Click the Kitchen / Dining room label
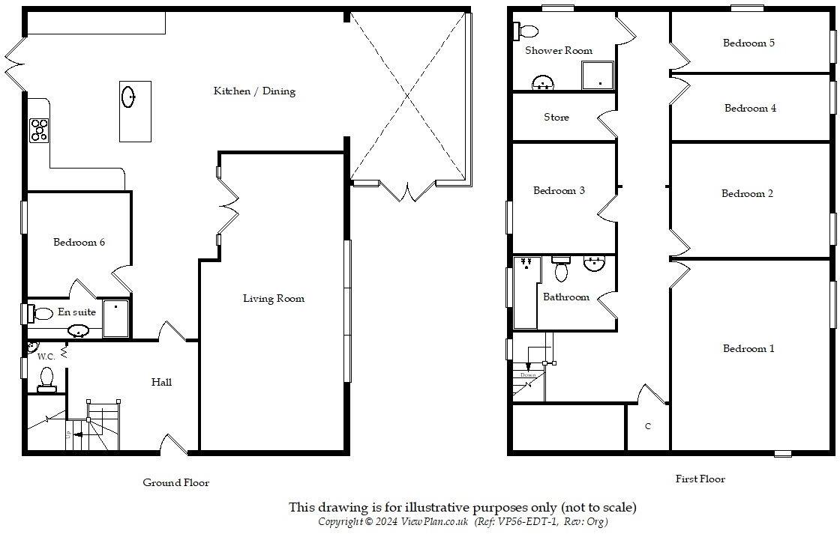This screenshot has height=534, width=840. click(254, 91)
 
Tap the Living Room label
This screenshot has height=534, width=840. click(273, 299)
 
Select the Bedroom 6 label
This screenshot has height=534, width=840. click(79, 243)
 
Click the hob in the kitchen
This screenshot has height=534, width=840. click(39, 131)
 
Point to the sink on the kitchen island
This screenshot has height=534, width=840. click(129, 97)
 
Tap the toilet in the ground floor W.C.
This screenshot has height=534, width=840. click(47, 377)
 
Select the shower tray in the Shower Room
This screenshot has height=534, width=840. click(598, 76)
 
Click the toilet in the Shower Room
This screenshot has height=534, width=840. click(526, 31)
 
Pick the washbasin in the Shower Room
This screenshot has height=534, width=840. click(542, 82)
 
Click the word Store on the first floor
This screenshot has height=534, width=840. click(556, 118)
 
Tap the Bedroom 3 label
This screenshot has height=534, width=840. click(559, 191)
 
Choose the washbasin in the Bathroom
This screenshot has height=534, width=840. click(595, 263)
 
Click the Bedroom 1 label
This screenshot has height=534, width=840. click(748, 349)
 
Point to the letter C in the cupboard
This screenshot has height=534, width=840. click(647, 426)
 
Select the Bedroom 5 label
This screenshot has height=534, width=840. click(748, 43)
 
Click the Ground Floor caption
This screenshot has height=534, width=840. click(176, 483)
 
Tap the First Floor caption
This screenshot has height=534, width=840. click(700, 479)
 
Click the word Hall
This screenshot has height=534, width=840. click(161, 383)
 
